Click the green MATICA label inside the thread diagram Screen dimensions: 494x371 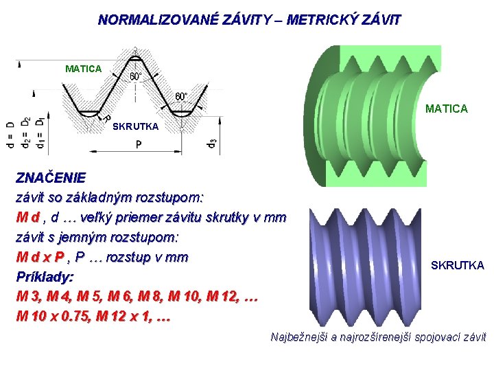click(83, 69)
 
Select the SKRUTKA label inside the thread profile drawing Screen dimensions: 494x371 click(135, 126)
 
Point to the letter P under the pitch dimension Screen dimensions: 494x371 click(139, 145)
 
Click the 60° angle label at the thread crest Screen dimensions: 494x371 click(137, 76)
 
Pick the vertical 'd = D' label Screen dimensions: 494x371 click(10, 135)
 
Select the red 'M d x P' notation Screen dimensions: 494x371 click(41, 258)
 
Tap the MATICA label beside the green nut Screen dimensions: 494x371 click(447, 109)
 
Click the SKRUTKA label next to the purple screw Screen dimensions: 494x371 click(457, 265)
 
